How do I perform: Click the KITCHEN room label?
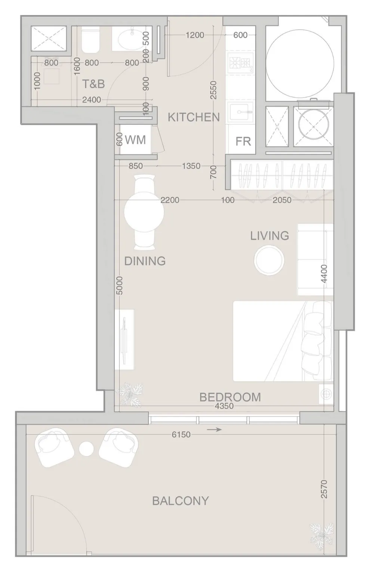[194, 117]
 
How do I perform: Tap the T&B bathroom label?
[93, 84]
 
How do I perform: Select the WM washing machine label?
[135, 140]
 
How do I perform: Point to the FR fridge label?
[243, 141]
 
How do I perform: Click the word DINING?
[145, 261]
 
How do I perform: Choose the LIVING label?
[270, 236]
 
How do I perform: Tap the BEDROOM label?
[230, 397]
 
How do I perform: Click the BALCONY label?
[181, 505]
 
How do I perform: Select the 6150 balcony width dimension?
[181, 435]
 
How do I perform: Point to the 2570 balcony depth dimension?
[324, 489]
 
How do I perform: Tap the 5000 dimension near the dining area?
[120, 286]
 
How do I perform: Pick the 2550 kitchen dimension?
[213, 90]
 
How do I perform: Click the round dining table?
[144, 212]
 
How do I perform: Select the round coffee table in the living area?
[269, 260]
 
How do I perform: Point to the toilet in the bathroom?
[90, 40]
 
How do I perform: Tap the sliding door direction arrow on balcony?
[214, 430]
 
